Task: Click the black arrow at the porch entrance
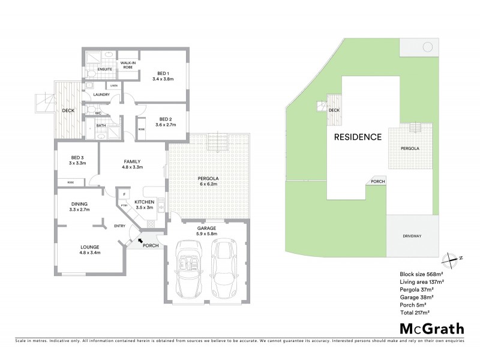pyautogui.click(x=142, y=241)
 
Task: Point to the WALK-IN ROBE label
pyautogui.click(x=128, y=65)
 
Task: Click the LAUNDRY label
pyautogui.click(x=100, y=95)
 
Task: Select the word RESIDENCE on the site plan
pyautogui.click(x=358, y=136)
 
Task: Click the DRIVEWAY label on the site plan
pyautogui.click(x=412, y=236)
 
